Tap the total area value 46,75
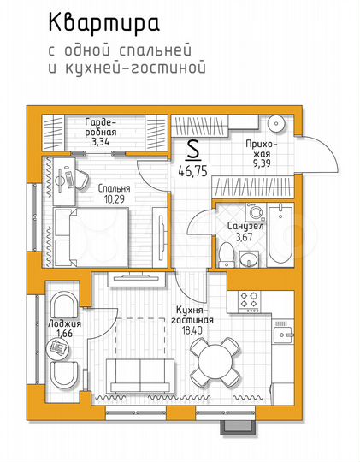pyautogui.click(x=192, y=169)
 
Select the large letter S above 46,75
pyautogui.click(x=192, y=150)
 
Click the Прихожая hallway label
pyautogui.click(x=260, y=150)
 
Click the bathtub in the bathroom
pyautogui.click(x=279, y=235)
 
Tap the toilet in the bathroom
pyautogui.click(x=225, y=252)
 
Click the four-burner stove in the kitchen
pyautogui.click(x=251, y=300)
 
